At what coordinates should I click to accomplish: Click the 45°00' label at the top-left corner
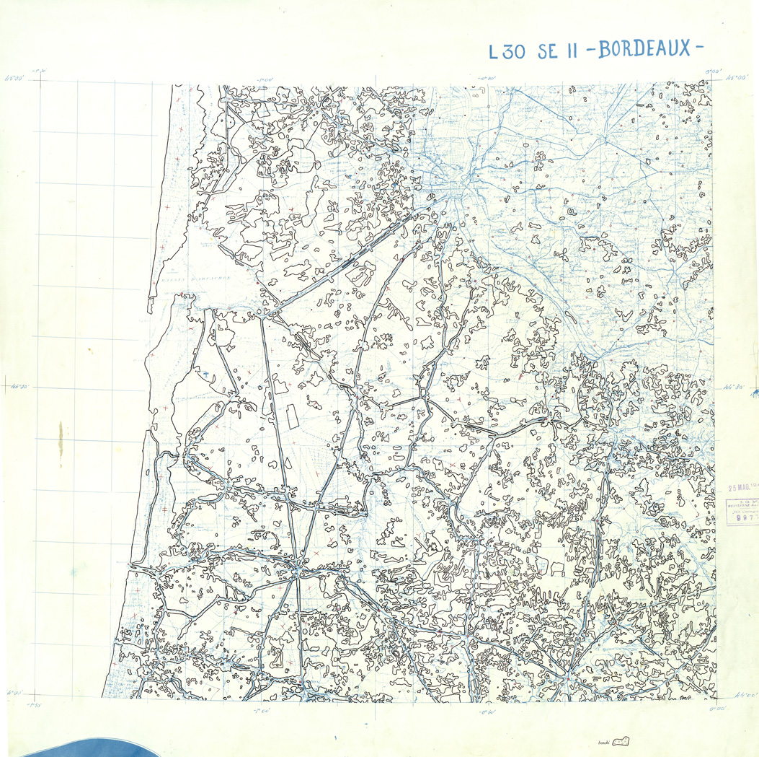click(15, 74)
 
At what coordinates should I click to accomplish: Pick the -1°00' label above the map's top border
click(266, 79)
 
